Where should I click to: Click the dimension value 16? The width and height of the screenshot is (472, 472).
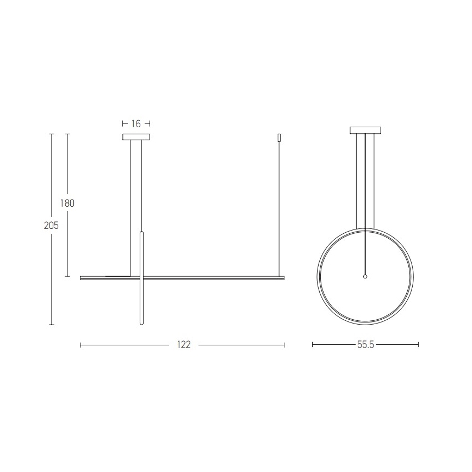pyautogui.click(x=136, y=124)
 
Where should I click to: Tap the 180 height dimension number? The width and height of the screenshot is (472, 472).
pyautogui.click(x=67, y=203)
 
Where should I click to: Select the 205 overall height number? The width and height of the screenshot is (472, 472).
pyautogui.click(x=52, y=225)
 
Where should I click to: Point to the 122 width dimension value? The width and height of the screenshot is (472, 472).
pyautogui.click(x=184, y=345)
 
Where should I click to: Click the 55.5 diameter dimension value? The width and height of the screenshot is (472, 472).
pyautogui.click(x=365, y=345)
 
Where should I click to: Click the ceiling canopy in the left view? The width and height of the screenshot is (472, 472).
pyautogui.click(x=136, y=137)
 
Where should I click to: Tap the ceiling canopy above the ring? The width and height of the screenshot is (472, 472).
pyautogui.click(x=365, y=130)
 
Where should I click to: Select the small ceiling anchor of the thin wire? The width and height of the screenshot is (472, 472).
pyautogui.click(x=279, y=138)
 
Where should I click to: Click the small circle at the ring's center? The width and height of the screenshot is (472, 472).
pyautogui.click(x=365, y=276)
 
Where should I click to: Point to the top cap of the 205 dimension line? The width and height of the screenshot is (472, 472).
pyautogui.click(x=52, y=134)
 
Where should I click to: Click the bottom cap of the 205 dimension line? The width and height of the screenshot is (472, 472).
pyautogui.click(x=52, y=325)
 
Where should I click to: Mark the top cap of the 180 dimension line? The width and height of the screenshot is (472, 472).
pyautogui.click(x=67, y=134)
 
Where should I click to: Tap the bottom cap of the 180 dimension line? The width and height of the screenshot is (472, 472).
pyautogui.click(x=67, y=276)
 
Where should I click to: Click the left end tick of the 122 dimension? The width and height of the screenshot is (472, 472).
pyautogui.click(x=80, y=345)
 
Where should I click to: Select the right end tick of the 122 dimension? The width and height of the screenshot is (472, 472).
pyautogui.click(x=284, y=345)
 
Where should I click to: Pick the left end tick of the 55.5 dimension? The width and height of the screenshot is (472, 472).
pyautogui.click(x=313, y=345)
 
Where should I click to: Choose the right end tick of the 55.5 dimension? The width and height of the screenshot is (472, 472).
pyautogui.click(x=418, y=345)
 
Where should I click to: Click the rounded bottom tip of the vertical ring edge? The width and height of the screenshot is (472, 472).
pyautogui.click(x=142, y=324)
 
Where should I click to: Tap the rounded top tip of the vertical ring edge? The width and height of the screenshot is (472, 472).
pyautogui.click(x=142, y=232)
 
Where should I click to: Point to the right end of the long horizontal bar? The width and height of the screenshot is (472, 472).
pyautogui.click(x=283, y=278)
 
